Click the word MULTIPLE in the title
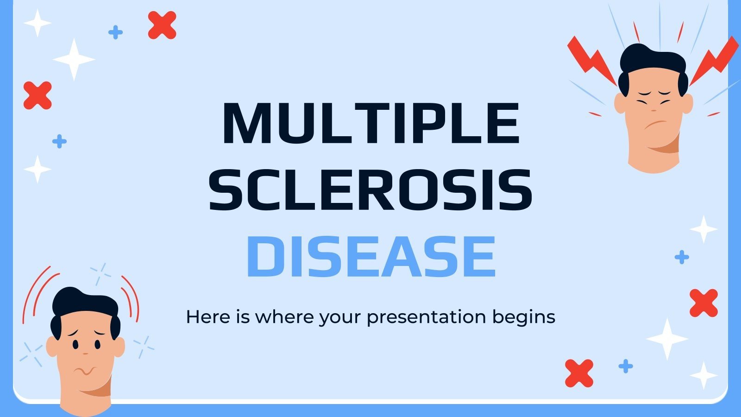(x=370, y=123)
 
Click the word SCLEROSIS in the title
(x=370, y=190)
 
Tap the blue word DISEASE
(x=370, y=256)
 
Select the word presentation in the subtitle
(x=426, y=317)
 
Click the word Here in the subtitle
(x=204, y=317)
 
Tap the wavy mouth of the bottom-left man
(x=85, y=371)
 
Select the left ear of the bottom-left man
(x=51, y=347)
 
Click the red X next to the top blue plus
(x=162, y=25)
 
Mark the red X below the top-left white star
(x=38, y=95)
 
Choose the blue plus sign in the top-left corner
(x=115, y=32)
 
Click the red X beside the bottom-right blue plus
(x=579, y=373)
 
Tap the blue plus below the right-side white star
(x=681, y=257)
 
